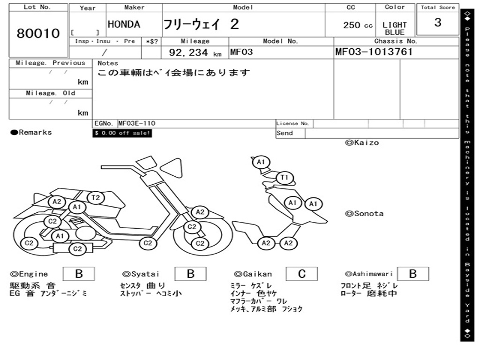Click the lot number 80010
[38, 34]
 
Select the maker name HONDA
[124, 25]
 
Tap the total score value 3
[438, 23]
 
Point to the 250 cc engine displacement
[358, 25]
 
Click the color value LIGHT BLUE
[395, 29]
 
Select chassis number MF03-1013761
[374, 52]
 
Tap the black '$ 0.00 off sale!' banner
[122, 133]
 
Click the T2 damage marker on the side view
[95, 198]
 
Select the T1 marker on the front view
[284, 178]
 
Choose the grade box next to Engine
[79, 274]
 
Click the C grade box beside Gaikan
[302, 274]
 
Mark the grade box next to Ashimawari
[413, 274]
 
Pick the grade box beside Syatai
[190, 274]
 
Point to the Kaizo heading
[362, 142]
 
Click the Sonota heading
[364, 214]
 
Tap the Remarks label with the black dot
[31, 133]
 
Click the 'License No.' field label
[293, 124]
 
